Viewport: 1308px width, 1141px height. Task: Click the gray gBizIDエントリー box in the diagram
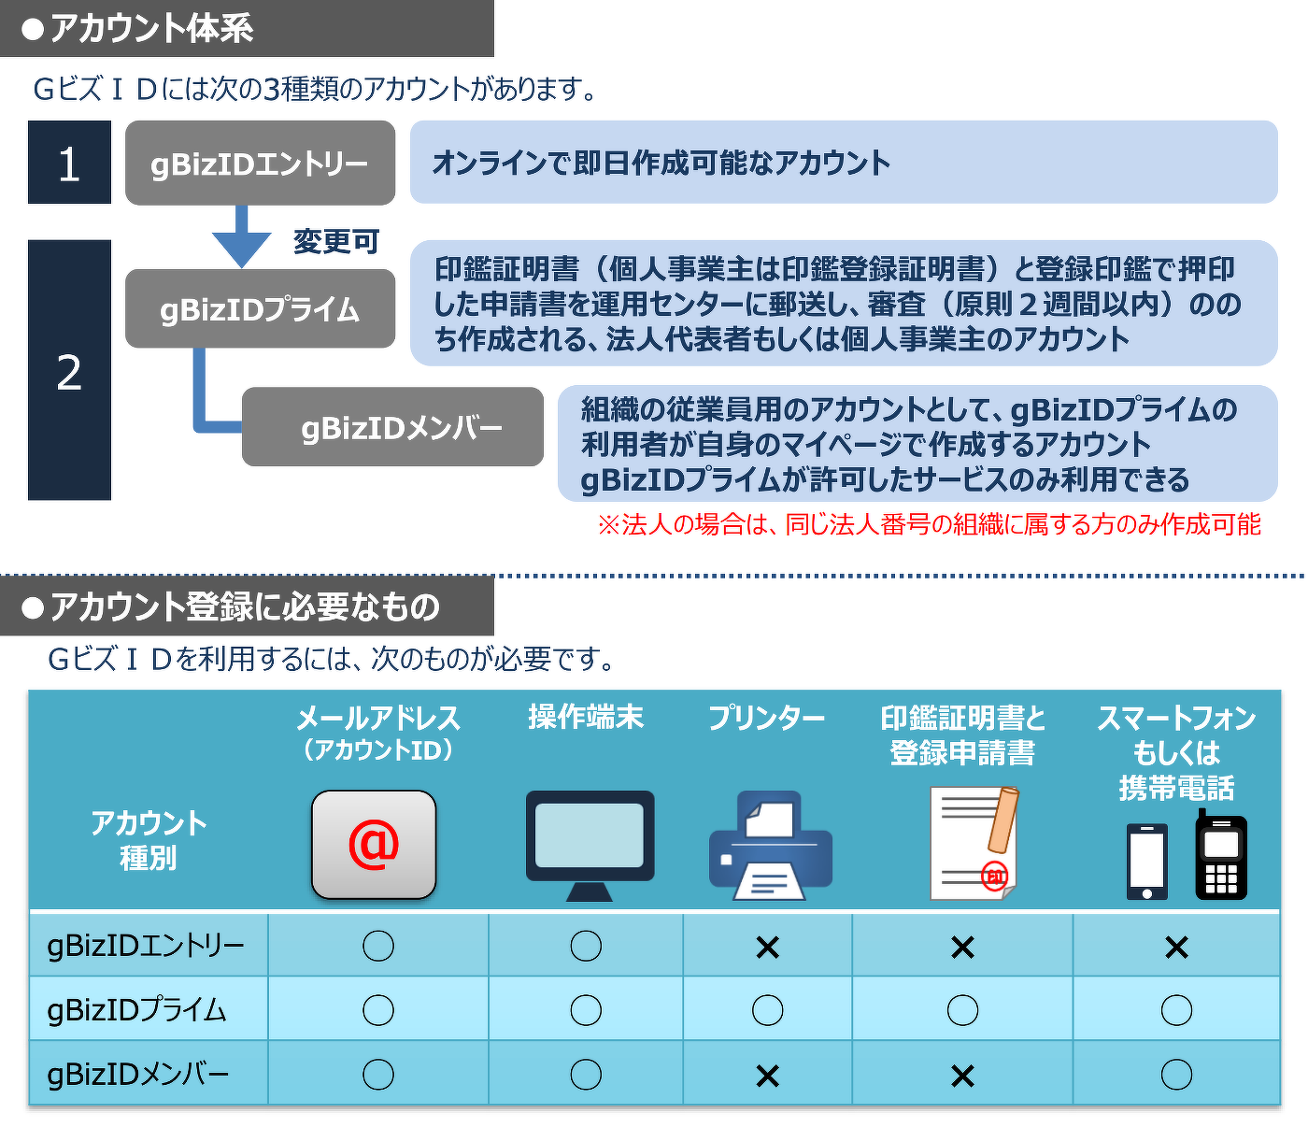click(260, 163)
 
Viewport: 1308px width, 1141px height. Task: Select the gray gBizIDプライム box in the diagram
click(260, 308)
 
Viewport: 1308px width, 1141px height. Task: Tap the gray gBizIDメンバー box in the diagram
click(392, 427)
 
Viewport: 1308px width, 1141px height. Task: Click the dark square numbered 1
click(69, 163)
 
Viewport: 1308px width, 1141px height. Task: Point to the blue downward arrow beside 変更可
click(242, 236)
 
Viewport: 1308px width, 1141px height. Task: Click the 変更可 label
click(336, 242)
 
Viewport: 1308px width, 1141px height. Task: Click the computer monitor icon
click(590, 845)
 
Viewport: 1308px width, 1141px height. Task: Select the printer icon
click(770, 845)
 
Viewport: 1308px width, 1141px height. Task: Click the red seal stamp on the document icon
click(995, 876)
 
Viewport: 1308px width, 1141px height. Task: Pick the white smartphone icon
click(1147, 862)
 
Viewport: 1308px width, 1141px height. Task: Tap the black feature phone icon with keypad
click(1220, 855)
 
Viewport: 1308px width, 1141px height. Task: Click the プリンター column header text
click(766, 718)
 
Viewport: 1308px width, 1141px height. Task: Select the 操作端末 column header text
click(586, 717)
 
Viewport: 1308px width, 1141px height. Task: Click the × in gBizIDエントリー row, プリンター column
click(767, 948)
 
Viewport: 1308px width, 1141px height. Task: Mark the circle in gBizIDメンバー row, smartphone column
click(1176, 1075)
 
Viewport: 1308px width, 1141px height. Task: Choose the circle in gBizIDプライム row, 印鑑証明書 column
click(962, 1010)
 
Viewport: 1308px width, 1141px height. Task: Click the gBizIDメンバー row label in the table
click(138, 1075)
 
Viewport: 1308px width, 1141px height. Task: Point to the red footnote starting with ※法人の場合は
click(930, 525)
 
